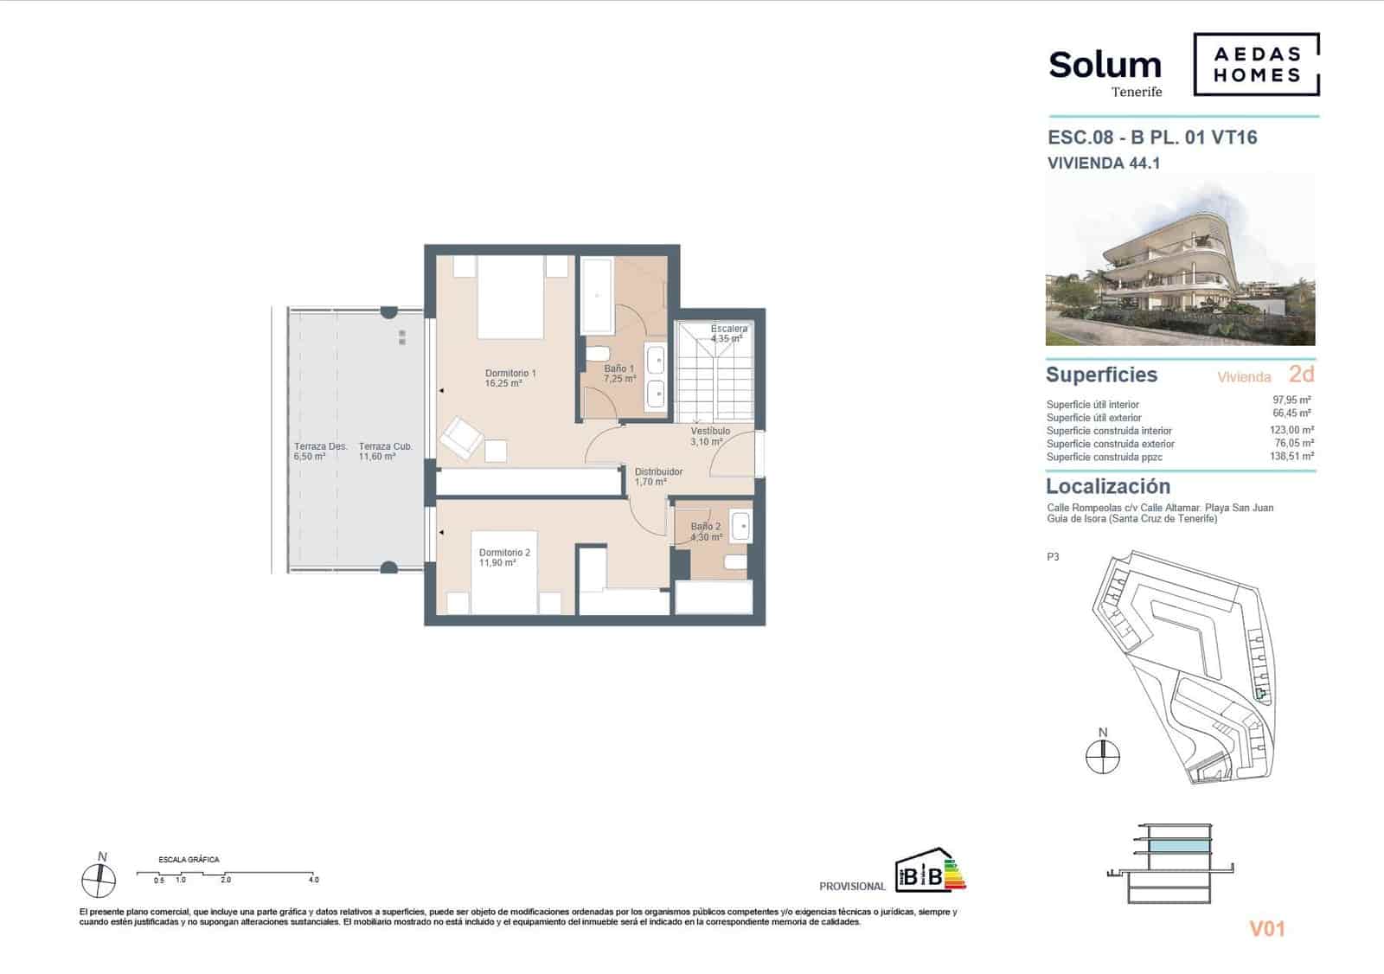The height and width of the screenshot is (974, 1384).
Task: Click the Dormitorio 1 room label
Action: click(510, 378)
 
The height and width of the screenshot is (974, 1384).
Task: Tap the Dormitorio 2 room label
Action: click(504, 557)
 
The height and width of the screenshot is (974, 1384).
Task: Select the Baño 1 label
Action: click(619, 374)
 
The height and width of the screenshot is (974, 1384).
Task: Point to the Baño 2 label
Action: click(706, 531)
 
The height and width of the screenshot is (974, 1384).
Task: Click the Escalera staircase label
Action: click(728, 333)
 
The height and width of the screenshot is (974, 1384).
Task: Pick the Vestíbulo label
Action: click(709, 435)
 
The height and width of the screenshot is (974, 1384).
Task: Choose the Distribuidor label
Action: click(658, 477)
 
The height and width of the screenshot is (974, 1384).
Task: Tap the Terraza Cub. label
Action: click(386, 451)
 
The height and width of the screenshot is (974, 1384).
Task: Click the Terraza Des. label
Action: click(320, 451)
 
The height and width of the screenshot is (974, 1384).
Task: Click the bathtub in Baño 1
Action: click(597, 295)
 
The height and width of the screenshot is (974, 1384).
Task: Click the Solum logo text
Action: click(1105, 66)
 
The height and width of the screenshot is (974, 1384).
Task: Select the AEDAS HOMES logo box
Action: click(1256, 65)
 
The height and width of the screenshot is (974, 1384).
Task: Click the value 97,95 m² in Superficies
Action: click(1291, 400)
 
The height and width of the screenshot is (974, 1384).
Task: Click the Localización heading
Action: click(1107, 486)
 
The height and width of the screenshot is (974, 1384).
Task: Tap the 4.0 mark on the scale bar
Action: click(313, 880)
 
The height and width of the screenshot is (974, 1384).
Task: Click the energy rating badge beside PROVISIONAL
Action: click(930, 871)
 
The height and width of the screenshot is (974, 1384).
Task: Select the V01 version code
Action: click(1267, 929)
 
